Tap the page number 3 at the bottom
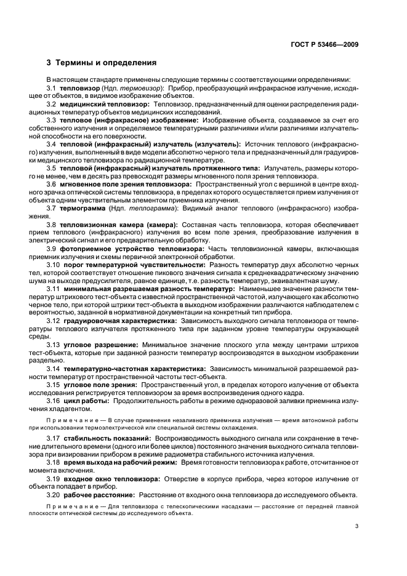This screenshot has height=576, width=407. coord(357,526)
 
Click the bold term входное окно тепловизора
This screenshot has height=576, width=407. coord(111,478)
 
